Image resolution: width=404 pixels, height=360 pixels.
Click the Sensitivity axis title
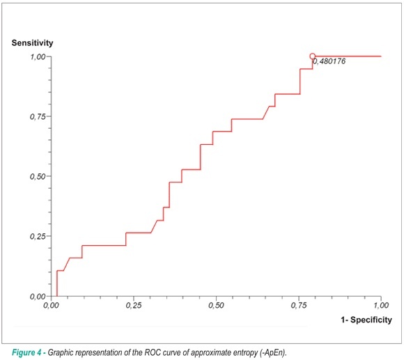point(32,42)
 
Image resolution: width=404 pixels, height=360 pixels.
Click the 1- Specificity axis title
point(366,320)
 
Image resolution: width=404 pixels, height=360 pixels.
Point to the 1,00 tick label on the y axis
point(38,56)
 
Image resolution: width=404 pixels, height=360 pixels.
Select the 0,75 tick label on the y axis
point(38,117)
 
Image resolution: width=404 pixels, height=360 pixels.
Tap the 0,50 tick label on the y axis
point(38,177)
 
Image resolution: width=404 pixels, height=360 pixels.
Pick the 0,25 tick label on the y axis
point(38,236)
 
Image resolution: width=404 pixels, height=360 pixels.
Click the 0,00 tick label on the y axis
point(38,297)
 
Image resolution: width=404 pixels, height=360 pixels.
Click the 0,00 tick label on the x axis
point(51,306)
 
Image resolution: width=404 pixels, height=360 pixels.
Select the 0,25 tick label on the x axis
point(134,306)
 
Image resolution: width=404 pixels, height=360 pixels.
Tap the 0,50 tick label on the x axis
point(216,306)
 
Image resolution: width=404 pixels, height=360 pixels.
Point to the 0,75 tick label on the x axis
point(299,306)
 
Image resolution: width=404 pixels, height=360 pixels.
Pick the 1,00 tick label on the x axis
point(381,306)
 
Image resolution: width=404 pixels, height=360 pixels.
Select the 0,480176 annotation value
point(329,61)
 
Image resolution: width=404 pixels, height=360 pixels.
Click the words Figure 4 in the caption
point(26,352)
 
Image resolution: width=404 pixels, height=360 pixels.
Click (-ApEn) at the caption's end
point(273,353)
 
